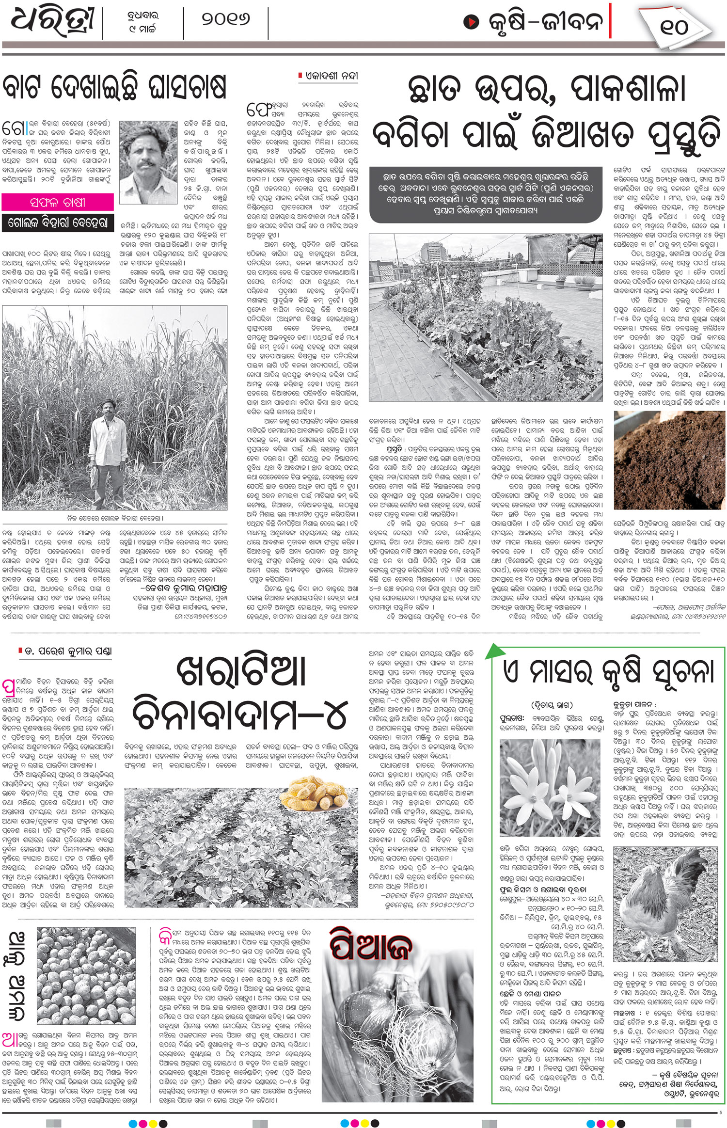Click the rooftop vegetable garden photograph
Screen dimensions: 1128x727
point(487,318)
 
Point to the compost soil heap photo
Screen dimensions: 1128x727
point(669,461)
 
